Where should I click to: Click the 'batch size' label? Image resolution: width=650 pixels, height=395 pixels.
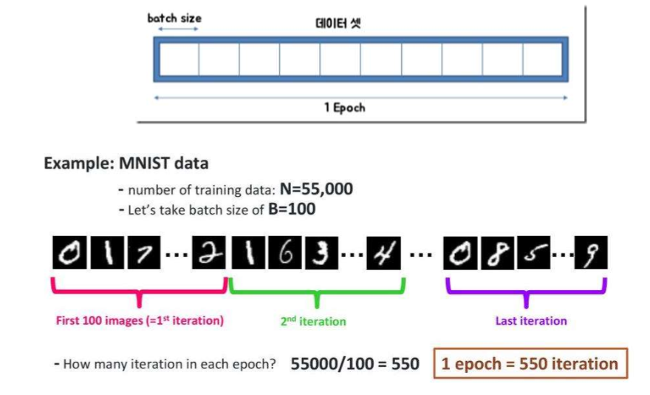tap(174, 18)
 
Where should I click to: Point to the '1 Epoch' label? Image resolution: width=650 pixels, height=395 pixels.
tap(344, 107)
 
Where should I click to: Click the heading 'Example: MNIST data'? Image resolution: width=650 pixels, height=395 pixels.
tap(126, 163)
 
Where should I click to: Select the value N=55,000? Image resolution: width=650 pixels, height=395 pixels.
tap(315, 189)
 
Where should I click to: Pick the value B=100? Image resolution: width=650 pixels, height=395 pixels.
tap(292, 209)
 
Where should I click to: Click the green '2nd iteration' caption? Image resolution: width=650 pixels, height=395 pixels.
tap(313, 321)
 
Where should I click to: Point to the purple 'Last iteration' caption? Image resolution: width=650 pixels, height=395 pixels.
tap(530, 321)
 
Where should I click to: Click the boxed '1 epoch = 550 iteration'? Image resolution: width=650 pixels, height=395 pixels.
tap(530, 364)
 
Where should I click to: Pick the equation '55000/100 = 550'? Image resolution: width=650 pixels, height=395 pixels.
tap(355, 364)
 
